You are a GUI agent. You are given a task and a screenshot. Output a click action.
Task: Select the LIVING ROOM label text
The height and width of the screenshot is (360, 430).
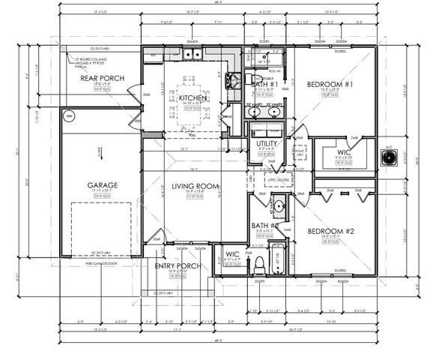click(195, 186)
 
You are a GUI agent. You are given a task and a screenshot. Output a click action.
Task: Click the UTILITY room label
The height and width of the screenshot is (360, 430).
click(267, 142)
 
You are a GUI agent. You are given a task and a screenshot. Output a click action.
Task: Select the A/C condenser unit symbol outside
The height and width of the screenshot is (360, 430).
click(390, 157)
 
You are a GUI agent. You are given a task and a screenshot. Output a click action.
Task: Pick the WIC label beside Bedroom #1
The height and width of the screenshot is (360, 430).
click(344, 153)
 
